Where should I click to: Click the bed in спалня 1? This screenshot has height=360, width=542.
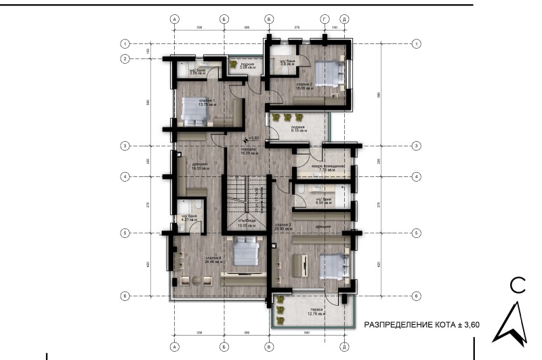click(195, 111)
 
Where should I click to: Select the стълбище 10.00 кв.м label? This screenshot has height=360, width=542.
click(246, 224)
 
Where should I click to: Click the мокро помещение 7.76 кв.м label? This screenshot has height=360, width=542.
click(328, 168)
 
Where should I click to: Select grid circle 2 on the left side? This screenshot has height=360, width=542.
click(125, 59)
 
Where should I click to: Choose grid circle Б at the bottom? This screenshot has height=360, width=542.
click(224, 346)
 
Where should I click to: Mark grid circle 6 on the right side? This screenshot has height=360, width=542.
click(416, 296)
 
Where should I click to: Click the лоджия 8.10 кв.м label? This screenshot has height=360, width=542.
click(298, 129)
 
